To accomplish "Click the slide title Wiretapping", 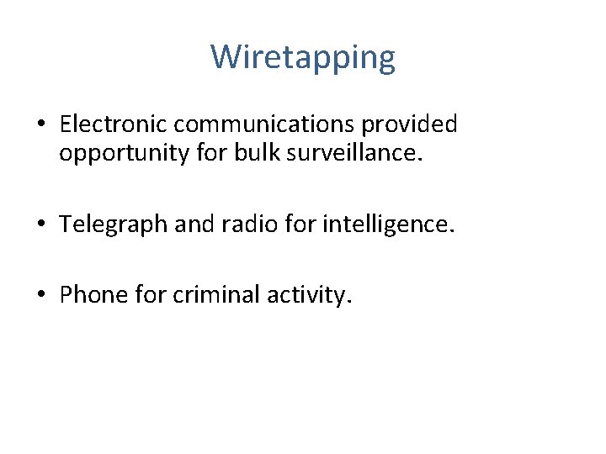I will [x=303, y=58].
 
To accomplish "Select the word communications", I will [x=264, y=124].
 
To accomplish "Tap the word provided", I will [x=410, y=124].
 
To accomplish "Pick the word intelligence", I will [x=385, y=224].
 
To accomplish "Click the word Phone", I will [x=88, y=295].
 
